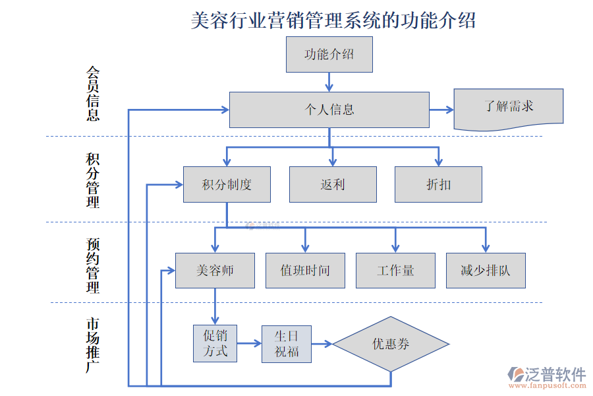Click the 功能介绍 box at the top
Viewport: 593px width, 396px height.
(329, 54)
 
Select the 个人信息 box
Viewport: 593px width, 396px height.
(329, 110)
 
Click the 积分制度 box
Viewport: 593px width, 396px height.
(227, 184)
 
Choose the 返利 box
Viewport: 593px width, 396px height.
(333, 184)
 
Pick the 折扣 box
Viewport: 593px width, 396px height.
(438, 184)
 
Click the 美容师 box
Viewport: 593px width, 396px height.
(215, 271)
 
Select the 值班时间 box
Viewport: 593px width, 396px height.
(305, 271)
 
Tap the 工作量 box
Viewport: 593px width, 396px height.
(395, 271)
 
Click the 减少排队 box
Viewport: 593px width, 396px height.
(486, 271)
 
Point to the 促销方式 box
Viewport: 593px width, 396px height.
(215, 343)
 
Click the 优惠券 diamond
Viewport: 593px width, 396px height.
(391, 344)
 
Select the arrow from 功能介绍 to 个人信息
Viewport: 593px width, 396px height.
(329, 82)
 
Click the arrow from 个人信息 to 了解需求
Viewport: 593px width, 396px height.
(441, 110)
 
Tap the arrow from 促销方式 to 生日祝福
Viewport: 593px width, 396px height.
(249, 343)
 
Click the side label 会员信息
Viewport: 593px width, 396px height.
(93, 93)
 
